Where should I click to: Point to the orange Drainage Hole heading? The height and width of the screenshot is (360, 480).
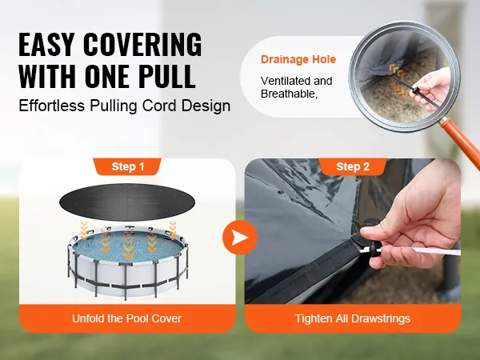[x=298, y=59]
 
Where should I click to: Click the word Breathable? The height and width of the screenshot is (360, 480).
[x=289, y=94]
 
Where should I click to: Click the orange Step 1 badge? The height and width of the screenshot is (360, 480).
[x=127, y=167]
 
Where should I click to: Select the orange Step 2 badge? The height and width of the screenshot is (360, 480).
[x=353, y=167]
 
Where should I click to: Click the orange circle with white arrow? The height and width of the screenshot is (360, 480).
[x=240, y=238]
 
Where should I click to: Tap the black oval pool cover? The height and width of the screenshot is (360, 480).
[x=127, y=202]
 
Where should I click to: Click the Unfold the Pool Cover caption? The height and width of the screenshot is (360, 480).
[x=126, y=318]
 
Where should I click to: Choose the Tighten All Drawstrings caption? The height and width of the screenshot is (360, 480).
[x=353, y=318]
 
